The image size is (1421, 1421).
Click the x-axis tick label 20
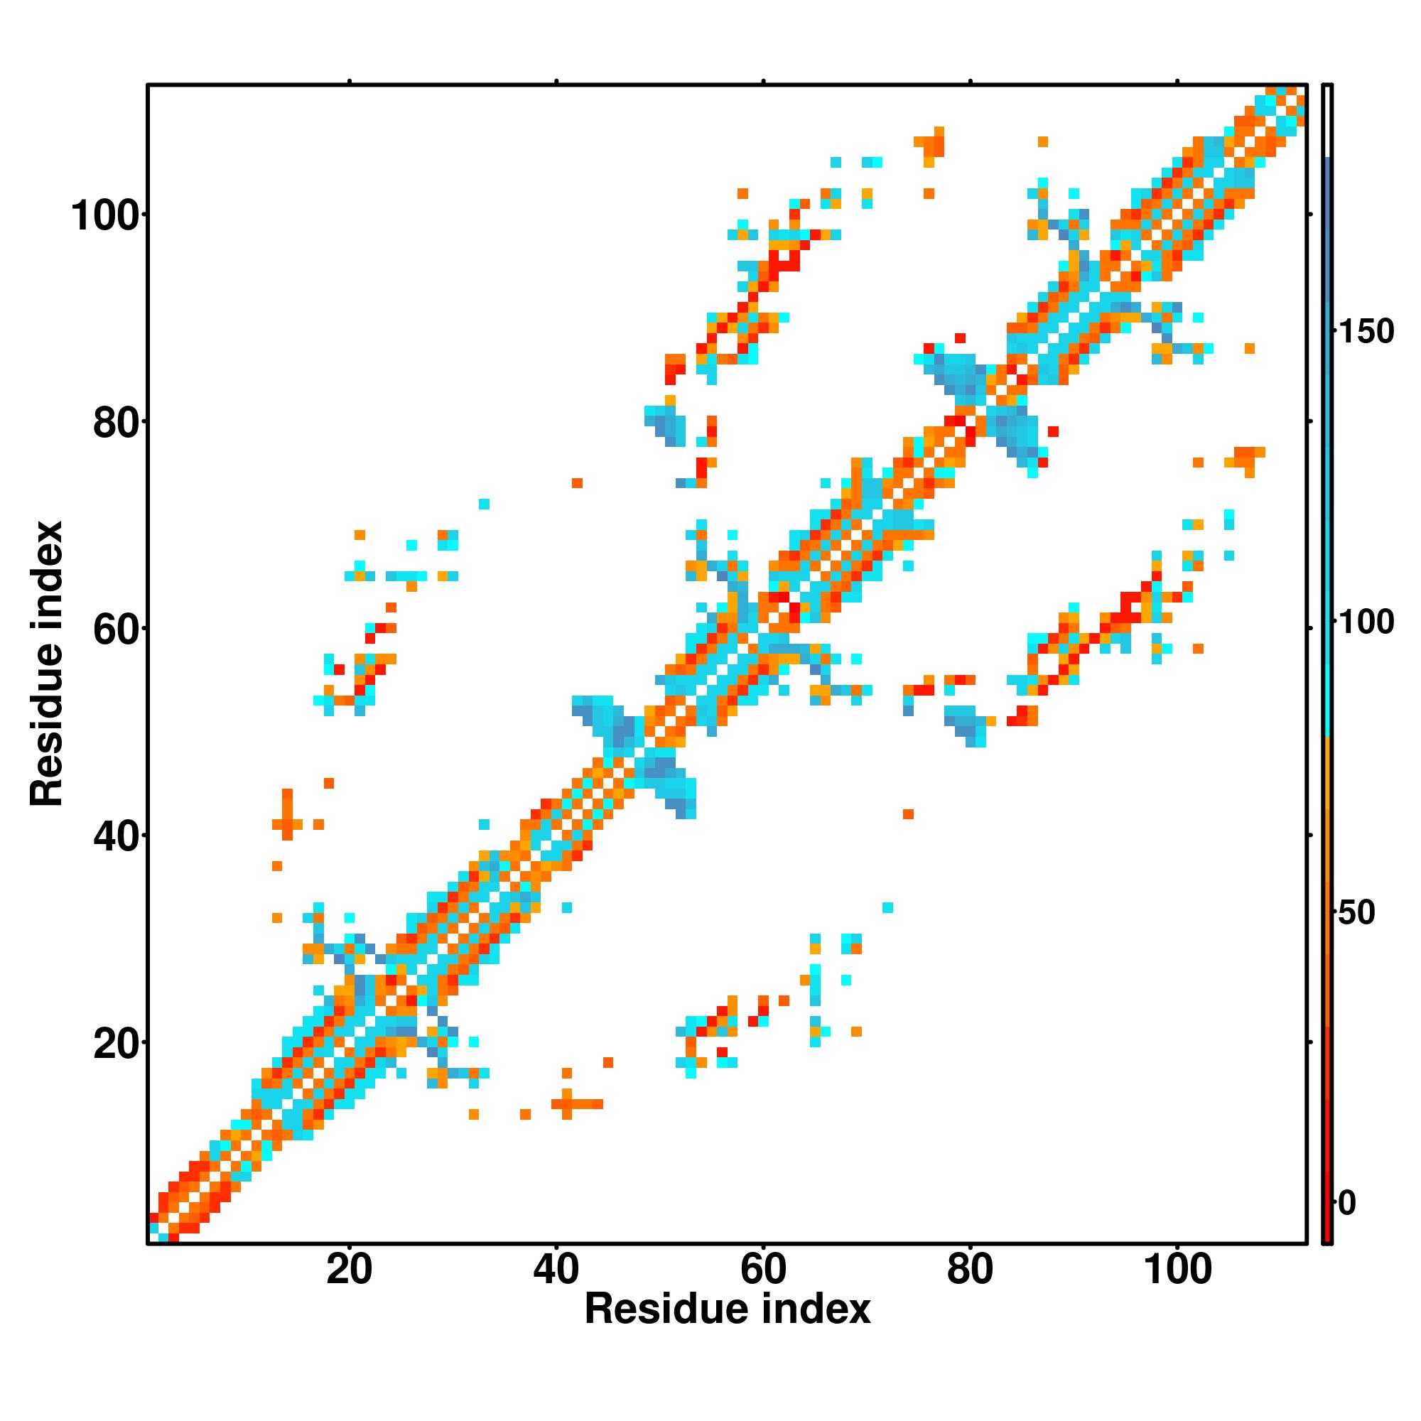tap(349, 1270)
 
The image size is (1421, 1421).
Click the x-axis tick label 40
tap(556, 1270)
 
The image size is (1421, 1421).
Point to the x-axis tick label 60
tap(764, 1270)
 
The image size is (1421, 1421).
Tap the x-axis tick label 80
tap(970, 1270)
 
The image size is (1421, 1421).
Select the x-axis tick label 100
tap(1177, 1270)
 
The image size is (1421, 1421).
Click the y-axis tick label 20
tap(117, 1045)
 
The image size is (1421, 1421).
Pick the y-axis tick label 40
tap(117, 838)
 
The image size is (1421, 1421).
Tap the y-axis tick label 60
tap(117, 630)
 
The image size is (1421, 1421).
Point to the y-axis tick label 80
tap(117, 423)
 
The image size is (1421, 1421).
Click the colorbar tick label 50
tap(1357, 913)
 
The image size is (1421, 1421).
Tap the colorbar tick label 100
tap(1366, 623)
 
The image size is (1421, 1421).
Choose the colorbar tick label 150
tap(1366, 332)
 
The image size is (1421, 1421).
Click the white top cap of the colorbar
tap(1328, 121)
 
